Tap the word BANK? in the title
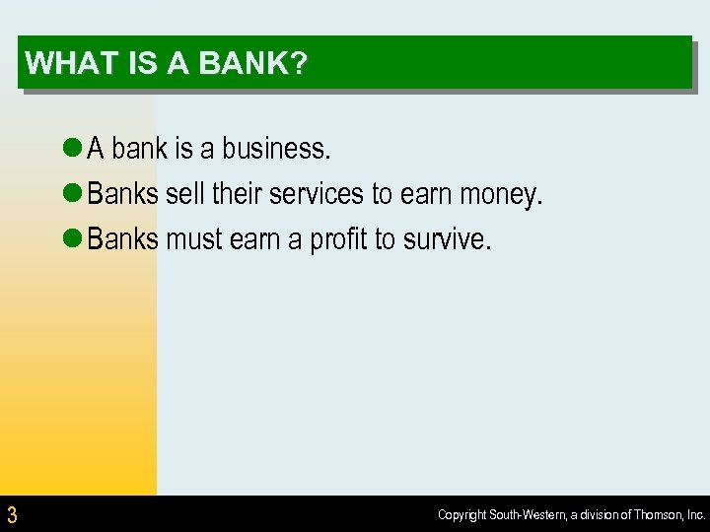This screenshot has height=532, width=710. (253, 64)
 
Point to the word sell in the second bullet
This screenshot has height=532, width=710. (183, 195)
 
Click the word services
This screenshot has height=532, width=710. (318, 195)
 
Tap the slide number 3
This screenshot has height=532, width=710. (12, 514)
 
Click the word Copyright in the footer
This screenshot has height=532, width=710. (462, 515)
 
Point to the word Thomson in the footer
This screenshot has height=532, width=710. (654, 515)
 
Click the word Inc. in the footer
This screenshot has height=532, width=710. (695, 515)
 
